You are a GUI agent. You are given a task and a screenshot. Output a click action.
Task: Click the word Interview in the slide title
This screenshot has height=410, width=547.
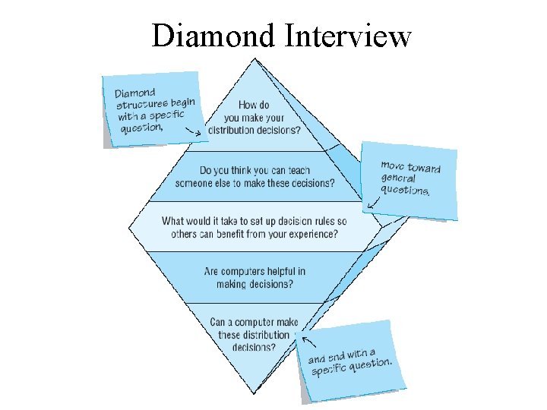347,36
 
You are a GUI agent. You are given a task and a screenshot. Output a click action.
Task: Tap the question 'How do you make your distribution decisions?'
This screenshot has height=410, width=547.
253,118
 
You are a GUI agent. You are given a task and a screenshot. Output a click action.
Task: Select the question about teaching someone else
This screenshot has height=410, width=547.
255,176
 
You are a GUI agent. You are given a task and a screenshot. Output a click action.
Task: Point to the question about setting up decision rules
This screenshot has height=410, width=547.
254,227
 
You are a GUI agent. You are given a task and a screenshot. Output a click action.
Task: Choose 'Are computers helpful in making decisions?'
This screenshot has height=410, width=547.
255,277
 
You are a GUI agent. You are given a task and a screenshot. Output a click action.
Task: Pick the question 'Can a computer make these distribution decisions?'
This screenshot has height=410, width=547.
254,334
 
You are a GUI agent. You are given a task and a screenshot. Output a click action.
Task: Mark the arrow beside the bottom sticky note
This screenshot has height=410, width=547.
308,342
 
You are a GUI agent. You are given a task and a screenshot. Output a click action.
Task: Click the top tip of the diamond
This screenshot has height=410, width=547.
255,60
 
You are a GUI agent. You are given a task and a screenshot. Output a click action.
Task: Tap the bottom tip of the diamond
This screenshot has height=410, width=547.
254,393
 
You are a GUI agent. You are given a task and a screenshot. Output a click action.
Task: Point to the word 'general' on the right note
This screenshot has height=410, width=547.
398,178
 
